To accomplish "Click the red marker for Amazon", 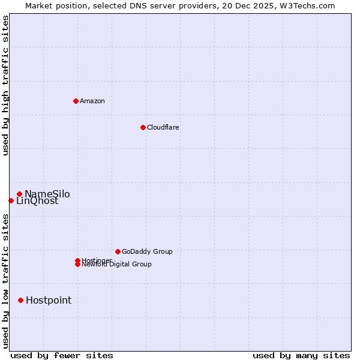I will pos(76,101).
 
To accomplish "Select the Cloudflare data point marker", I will pos(143,127).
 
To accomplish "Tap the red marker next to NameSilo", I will pos(20,194).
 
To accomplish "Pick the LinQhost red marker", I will pos(11,200).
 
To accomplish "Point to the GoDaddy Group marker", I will pos(118,251).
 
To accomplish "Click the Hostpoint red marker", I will pos(20,300).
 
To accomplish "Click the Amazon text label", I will pos(92,101).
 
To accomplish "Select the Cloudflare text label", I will pos(163,127).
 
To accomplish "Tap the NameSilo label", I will pos(47,194).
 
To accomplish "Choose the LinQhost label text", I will pos(37,202).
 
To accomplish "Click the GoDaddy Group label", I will pos(147,251).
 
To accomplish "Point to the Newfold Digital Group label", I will pos(117,265).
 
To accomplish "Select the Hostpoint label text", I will pos(49,300).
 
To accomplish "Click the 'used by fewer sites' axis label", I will pos(62,355).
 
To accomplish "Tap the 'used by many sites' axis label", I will pos(301,355).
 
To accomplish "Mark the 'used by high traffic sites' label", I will pos(6,85).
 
